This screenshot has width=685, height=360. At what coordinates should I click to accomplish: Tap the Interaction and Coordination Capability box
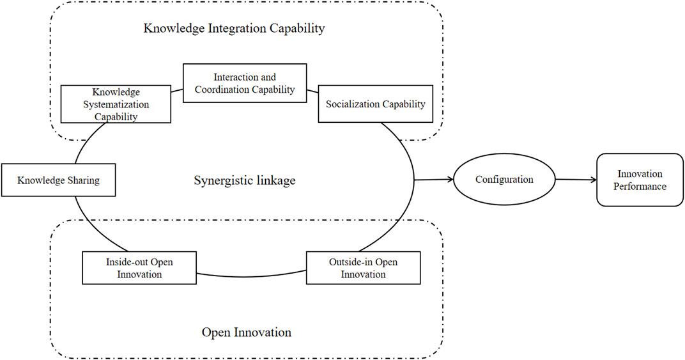click(245, 83)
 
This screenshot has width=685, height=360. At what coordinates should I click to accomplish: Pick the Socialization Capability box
click(375, 104)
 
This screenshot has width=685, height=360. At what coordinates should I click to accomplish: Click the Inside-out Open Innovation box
click(138, 267)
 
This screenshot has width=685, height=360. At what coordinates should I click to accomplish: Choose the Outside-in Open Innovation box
click(362, 267)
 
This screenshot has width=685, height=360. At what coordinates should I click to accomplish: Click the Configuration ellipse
click(504, 180)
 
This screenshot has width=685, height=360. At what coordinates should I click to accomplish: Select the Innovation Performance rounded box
click(639, 180)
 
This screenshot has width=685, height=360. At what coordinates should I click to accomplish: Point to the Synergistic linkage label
click(244, 180)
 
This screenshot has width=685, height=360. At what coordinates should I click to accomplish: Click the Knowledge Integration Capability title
click(234, 28)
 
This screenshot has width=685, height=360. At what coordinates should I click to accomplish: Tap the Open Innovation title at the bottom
click(246, 333)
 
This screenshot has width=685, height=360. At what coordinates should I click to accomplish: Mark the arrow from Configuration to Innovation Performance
click(575, 180)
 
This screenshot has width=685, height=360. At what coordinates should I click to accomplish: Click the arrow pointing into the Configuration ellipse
click(435, 180)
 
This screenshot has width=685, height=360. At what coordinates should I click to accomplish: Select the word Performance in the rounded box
click(639, 186)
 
